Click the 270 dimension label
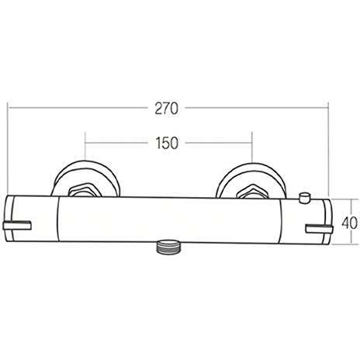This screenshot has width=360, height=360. point(167,109)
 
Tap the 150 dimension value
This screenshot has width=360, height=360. point(167,144)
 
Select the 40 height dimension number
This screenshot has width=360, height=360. point(350,223)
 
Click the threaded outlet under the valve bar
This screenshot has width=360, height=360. point(168,248)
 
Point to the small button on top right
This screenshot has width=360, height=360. point(304,198)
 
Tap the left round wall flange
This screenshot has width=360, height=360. point(86,178)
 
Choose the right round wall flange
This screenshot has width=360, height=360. point(251,180)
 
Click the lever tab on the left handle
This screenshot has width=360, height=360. point(17,226)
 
